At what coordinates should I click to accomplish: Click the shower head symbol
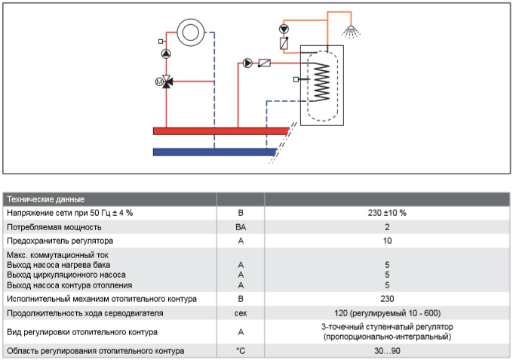tap(351, 32)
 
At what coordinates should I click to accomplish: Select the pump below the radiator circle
tap(166, 54)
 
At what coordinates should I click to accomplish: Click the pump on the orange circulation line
tap(284, 29)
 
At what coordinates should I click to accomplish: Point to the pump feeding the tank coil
tap(247, 63)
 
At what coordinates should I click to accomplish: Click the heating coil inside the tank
tap(321, 82)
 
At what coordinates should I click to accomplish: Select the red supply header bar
tap(221, 131)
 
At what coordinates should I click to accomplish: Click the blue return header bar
tap(215, 152)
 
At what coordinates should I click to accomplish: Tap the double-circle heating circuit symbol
tap(191, 32)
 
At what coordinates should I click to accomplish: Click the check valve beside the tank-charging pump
tap(264, 63)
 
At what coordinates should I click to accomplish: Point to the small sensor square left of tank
tap(296, 79)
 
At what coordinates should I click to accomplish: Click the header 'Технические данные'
tap(46, 199)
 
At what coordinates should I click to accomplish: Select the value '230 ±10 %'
tap(387, 213)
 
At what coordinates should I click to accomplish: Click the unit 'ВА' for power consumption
tap(241, 227)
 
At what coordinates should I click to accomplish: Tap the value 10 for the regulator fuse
tap(387, 241)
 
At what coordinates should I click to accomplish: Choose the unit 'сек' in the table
tap(241, 313)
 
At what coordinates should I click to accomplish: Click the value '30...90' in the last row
tap(387, 351)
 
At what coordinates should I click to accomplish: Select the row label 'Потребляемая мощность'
tap(54, 227)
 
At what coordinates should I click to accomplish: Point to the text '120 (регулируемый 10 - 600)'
tap(387, 313)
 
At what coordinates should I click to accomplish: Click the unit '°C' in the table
tap(241, 351)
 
